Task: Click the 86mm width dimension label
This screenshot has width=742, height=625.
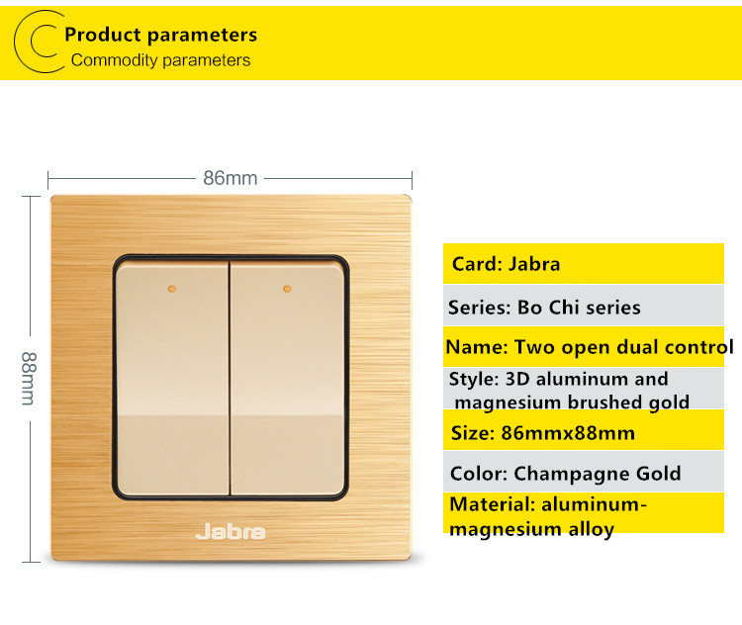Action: [x=230, y=178]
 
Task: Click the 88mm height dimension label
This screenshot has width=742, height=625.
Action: [x=29, y=379]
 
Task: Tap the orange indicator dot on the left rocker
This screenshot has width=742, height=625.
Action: [x=172, y=289]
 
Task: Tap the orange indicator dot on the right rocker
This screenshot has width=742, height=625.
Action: [x=287, y=289]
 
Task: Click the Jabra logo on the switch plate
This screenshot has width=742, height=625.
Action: [x=231, y=531]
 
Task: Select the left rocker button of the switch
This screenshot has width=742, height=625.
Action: [x=172, y=379]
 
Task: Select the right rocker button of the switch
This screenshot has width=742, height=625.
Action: [x=287, y=379]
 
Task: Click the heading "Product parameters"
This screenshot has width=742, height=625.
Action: [x=161, y=35]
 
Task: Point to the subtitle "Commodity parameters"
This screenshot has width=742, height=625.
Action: [x=160, y=60]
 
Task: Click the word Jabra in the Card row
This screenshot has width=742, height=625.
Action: [x=534, y=264]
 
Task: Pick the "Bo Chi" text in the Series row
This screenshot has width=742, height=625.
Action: [x=548, y=308]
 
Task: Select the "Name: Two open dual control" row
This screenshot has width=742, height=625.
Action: [x=590, y=347]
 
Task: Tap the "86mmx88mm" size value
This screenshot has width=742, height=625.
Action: [x=568, y=433]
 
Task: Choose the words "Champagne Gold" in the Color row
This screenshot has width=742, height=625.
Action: [x=598, y=473]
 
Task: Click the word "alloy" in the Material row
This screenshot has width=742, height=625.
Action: [x=591, y=529]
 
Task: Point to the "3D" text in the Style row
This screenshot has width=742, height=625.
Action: [x=517, y=379]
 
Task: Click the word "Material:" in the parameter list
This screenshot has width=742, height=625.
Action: [x=493, y=504]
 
